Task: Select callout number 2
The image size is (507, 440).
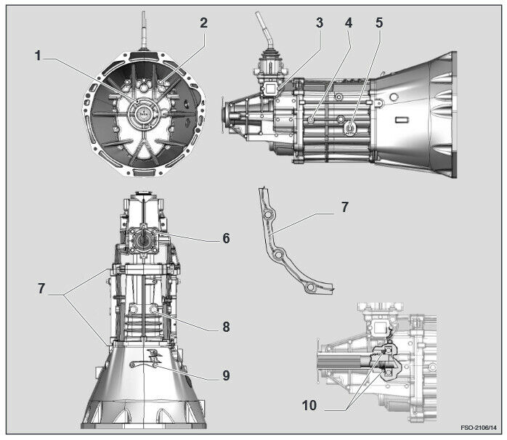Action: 204,23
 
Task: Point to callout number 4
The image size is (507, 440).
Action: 349,23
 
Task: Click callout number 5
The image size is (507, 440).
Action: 378,23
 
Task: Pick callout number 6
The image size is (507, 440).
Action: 227,237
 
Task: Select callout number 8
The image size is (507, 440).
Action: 227,327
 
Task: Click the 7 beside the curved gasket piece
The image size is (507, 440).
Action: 344,208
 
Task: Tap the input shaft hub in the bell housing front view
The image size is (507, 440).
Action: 143,114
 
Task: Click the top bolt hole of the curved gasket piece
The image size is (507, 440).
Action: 269,216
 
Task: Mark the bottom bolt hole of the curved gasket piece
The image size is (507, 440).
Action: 310,288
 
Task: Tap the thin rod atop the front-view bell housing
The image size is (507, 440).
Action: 145,29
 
